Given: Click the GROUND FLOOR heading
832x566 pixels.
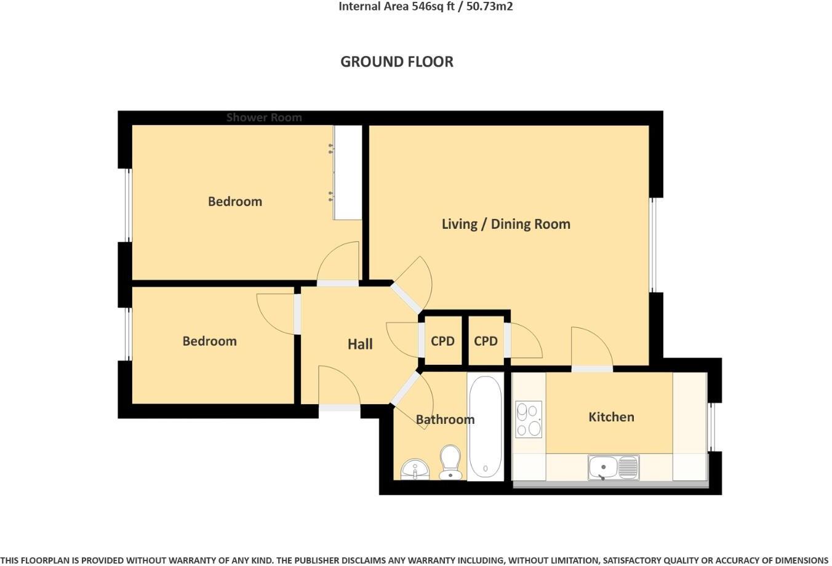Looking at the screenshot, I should pos(397,62).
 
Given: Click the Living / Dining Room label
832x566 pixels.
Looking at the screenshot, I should pos(506,224).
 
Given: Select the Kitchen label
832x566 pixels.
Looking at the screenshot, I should pos(611,417).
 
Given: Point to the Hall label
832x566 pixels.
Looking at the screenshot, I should pos(360,344).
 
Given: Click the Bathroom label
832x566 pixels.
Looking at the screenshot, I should pos(445,420).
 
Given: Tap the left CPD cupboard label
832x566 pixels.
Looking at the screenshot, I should pos(442,341).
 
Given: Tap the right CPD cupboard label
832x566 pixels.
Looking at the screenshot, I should pos(486,341).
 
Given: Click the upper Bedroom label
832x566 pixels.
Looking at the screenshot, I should pos(234,201).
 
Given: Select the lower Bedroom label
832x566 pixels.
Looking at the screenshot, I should pos(209,341).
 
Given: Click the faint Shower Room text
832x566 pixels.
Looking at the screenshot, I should pos(264,117).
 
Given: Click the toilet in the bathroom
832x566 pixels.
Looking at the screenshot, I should pos(451,462).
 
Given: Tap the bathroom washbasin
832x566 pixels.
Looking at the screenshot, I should pos(415,469).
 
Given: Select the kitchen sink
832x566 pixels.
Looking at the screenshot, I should pos(613,468).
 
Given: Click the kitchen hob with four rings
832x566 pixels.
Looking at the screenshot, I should pos(528,420).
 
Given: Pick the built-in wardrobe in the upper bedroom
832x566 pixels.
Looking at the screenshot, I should pos(348,172).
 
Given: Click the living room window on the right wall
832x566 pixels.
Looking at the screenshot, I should pos(654,244).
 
